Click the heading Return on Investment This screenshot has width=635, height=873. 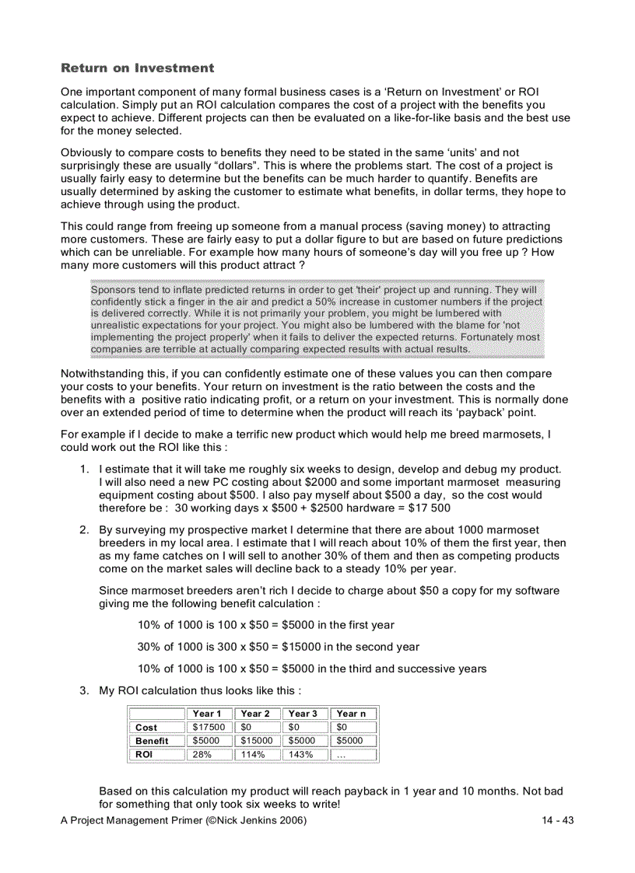click(x=137, y=68)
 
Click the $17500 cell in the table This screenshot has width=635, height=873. click(x=209, y=728)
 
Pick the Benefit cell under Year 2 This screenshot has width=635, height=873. click(x=256, y=741)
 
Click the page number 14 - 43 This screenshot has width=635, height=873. click(x=557, y=821)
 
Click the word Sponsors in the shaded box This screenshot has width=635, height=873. click(x=114, y=289)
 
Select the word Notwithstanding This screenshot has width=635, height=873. click(x=104, y=374)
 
